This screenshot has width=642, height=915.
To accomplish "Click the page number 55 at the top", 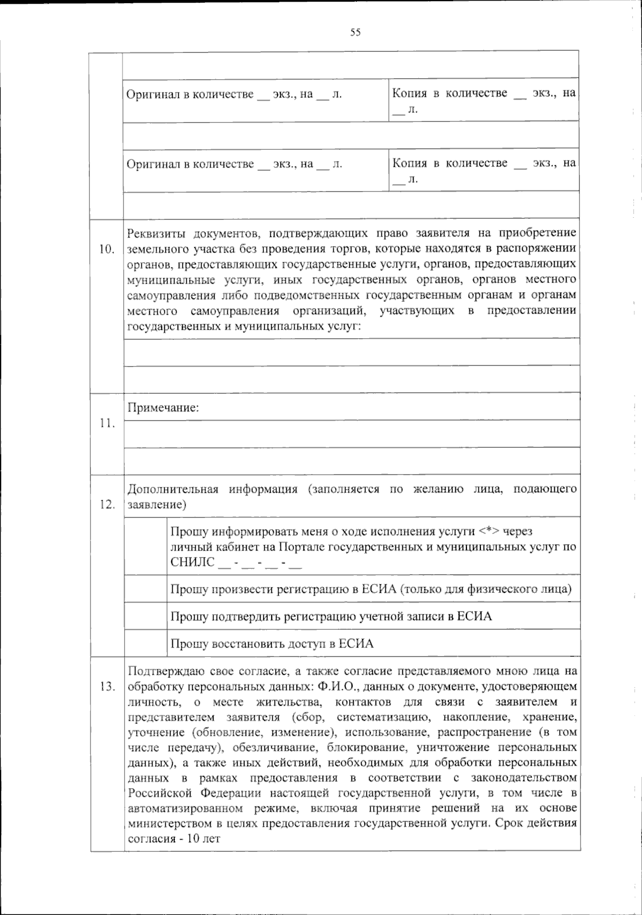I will pyautogui.click(x=355, y=32).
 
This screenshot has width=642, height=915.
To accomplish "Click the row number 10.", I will pyautogui.click(x=107, y=249).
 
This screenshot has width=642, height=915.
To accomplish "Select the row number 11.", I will pyautogui.click(x=107, y=424).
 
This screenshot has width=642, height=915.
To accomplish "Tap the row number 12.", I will pyautogui.click(x=107, y=505).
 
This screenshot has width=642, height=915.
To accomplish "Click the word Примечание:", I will pyautogui.click(x=163, y=408).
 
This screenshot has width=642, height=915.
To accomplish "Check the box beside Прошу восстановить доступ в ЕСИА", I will pyautogui.click(x=146, y=643).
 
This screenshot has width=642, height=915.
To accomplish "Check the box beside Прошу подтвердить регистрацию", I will pyautogui.click(x=146, y=616).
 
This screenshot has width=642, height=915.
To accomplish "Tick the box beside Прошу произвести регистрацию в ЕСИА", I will pyautogui.click(x=146, y=589).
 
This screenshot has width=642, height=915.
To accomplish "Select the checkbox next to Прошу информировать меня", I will pyautogui.click(x=146, y=546).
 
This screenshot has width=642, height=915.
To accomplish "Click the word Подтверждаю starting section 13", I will pyautogui.click(x=163, y=671).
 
